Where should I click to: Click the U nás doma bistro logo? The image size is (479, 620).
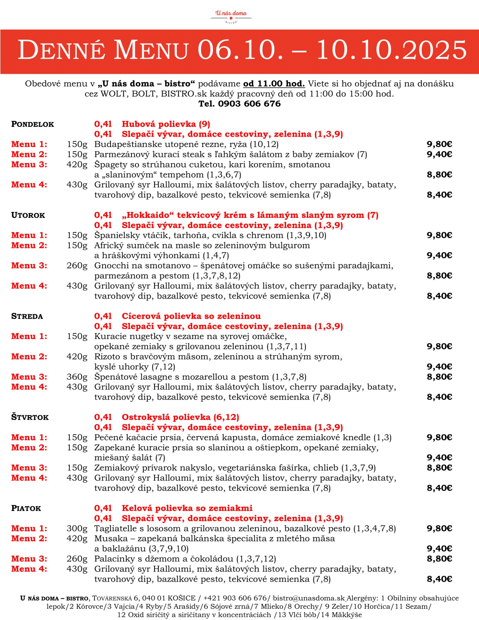tap(231, 16)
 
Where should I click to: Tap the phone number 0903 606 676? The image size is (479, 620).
tap(249, 104)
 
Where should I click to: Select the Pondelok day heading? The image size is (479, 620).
tap(33, 124)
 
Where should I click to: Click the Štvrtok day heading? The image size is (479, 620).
tap(30, 417)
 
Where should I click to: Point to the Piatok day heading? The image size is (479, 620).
tap(26, 508)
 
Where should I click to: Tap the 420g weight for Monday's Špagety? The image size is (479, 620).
tap(77, 165)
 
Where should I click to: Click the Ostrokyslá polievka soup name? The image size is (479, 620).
tap(180, 417)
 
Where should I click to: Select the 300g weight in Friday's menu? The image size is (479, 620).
tap(77, 529)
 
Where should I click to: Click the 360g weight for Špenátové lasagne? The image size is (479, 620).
tap(77, 377)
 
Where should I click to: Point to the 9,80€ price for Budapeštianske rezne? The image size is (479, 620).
tap(439, 144)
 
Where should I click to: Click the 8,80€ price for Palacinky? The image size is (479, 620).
tap(439, 559)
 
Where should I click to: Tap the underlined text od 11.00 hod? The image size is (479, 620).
tap(274, 84)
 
